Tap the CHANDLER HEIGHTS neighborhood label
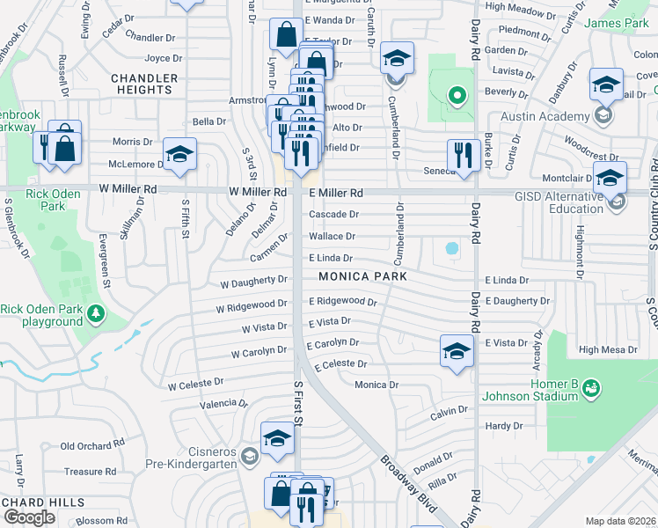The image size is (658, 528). [x=143, y=84]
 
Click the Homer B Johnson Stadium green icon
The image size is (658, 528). [x=590, y=387]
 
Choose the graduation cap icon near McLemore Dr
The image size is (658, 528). [x=179, y=154]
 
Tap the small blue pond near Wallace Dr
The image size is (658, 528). [x=452, y=249]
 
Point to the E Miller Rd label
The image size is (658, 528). [x=335, y=193]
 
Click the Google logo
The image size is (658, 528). [x=30, y=517]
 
